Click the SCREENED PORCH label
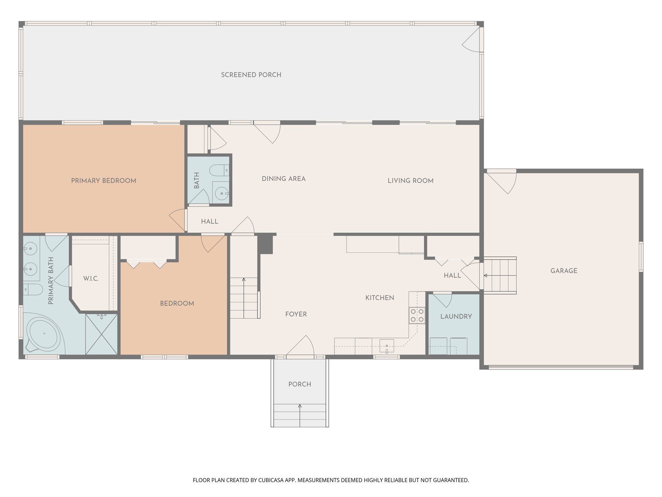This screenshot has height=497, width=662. (251, 75)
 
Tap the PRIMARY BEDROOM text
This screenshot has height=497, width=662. (103, 181)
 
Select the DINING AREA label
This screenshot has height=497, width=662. (283, 179)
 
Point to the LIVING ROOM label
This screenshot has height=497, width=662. (411, 181)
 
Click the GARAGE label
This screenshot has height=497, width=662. (564, 271)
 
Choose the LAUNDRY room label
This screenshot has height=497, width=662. (456, 316)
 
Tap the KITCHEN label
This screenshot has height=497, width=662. (379, 298)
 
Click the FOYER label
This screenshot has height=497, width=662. (296, 314)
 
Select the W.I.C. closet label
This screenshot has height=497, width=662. (91, 279)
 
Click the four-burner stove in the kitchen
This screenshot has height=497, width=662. (417, 315)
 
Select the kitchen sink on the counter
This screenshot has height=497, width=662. (387, 346)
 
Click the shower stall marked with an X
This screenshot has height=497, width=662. (101, 334)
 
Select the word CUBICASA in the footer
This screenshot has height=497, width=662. (271, 480)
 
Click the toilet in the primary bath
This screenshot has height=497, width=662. (33, 289)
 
